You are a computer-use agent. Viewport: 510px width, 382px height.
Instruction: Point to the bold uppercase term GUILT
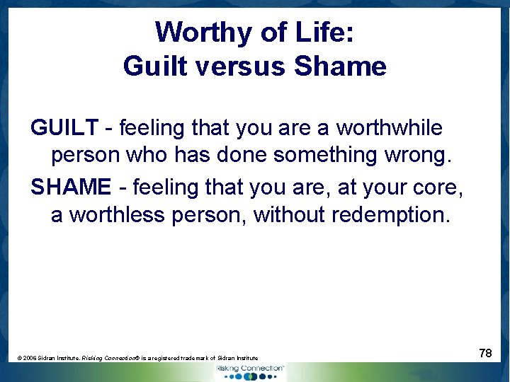(x=64, y=128)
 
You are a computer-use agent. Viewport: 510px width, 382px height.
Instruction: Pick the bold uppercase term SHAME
(x=71, y=187)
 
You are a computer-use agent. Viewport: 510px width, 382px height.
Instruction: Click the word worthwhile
(x=389, y=128)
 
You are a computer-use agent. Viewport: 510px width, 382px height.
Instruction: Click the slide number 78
(x=485, y=352)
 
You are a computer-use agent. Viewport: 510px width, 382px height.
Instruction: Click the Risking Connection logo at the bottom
(x=249, y=371)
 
